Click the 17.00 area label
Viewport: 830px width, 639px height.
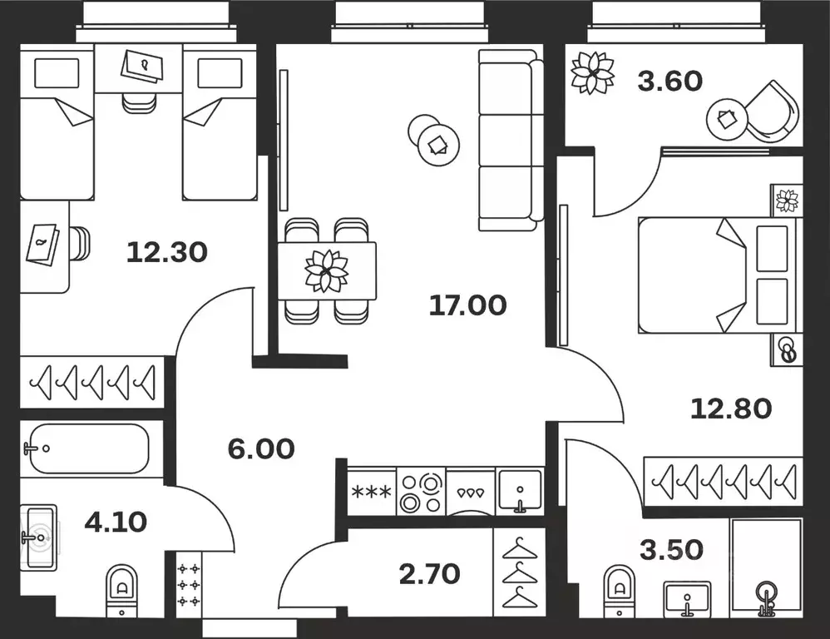point(467,305)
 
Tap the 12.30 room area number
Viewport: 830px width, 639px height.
point(166,251)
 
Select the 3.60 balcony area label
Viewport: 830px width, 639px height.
point(669,81)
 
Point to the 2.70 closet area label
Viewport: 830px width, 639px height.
point(430,573)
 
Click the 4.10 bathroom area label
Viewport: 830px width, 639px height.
point(116,522)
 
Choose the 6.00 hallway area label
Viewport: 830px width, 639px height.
point(261,449)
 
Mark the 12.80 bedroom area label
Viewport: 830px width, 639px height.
point(732,408)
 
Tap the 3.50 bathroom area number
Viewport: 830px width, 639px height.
point(672,550)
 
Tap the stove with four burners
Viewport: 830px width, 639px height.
point(421,492)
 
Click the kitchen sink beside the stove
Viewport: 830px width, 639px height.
point(520,492)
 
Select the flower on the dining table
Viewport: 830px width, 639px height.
point(327,270)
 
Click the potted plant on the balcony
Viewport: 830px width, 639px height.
point(592,73)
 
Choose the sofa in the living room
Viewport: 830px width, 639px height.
point(506,139)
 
